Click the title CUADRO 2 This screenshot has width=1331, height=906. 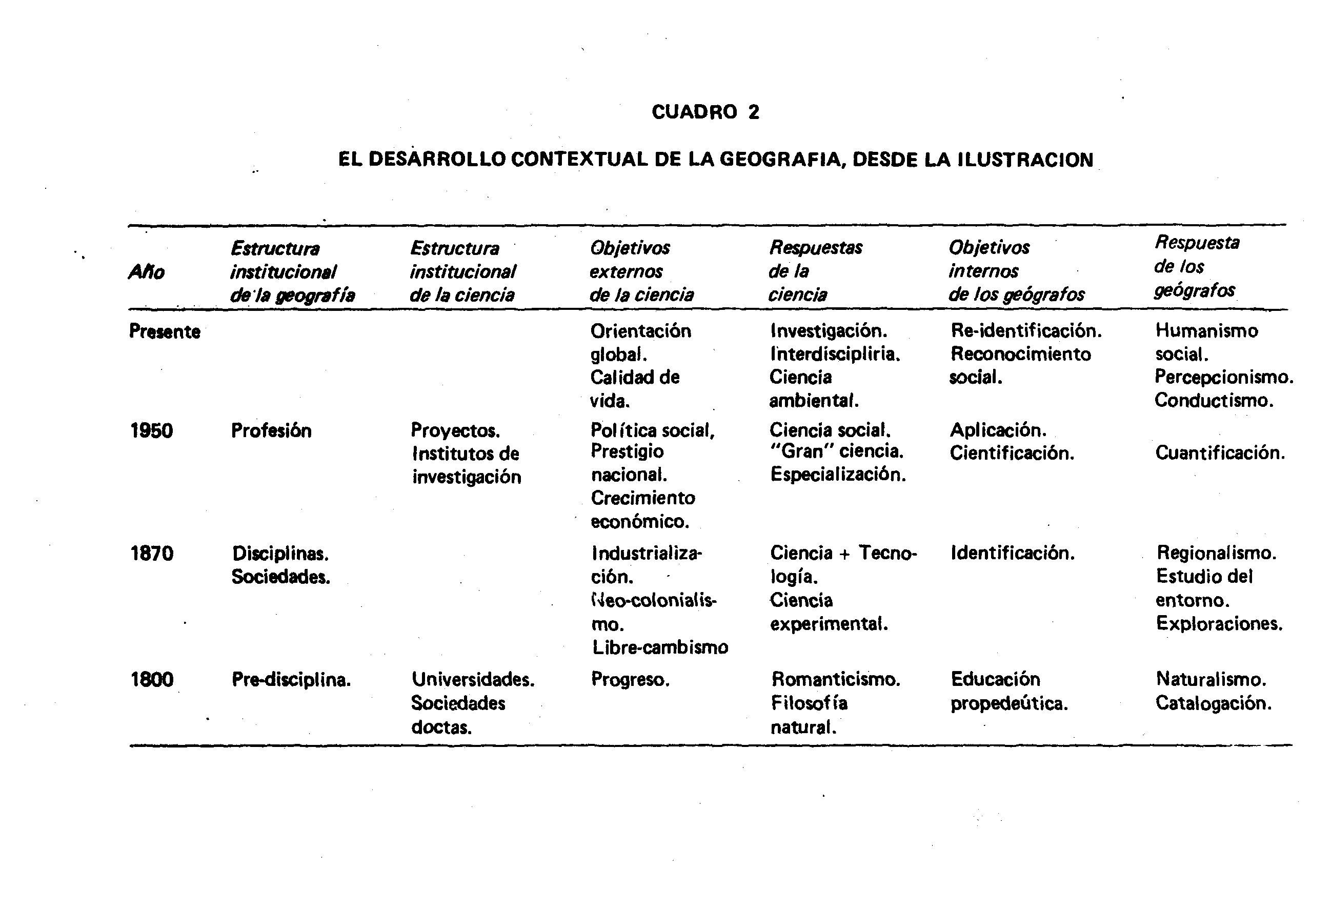click(x=705, y=112)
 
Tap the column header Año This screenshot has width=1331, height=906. click(x=147, y=271)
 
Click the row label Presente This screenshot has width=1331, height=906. click(x=165, y=331)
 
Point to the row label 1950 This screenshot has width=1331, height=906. click(x=151, y=430)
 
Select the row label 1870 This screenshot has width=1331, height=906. click(x=151, y=554)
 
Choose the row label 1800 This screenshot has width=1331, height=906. click(x=151, y=680)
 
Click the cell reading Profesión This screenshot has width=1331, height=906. click(x=271, y=430)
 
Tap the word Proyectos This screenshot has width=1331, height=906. click(x=455, y=430)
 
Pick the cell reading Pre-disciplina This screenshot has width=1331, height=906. click(x=291, y=680)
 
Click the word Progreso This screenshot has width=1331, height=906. click(x=630, y=680)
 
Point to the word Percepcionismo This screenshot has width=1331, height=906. click(x=1224, y=377)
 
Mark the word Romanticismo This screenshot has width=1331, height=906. click(x=836, y=680)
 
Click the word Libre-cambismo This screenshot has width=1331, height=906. click(x=660, y=647)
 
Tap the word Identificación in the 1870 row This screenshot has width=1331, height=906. click(x=1013, y=553)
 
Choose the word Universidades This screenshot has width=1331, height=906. click(x=473, y=680)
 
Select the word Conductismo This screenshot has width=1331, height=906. click(x=1214, y=400)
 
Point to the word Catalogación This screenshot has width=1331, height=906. click(x=1213, y=703)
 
